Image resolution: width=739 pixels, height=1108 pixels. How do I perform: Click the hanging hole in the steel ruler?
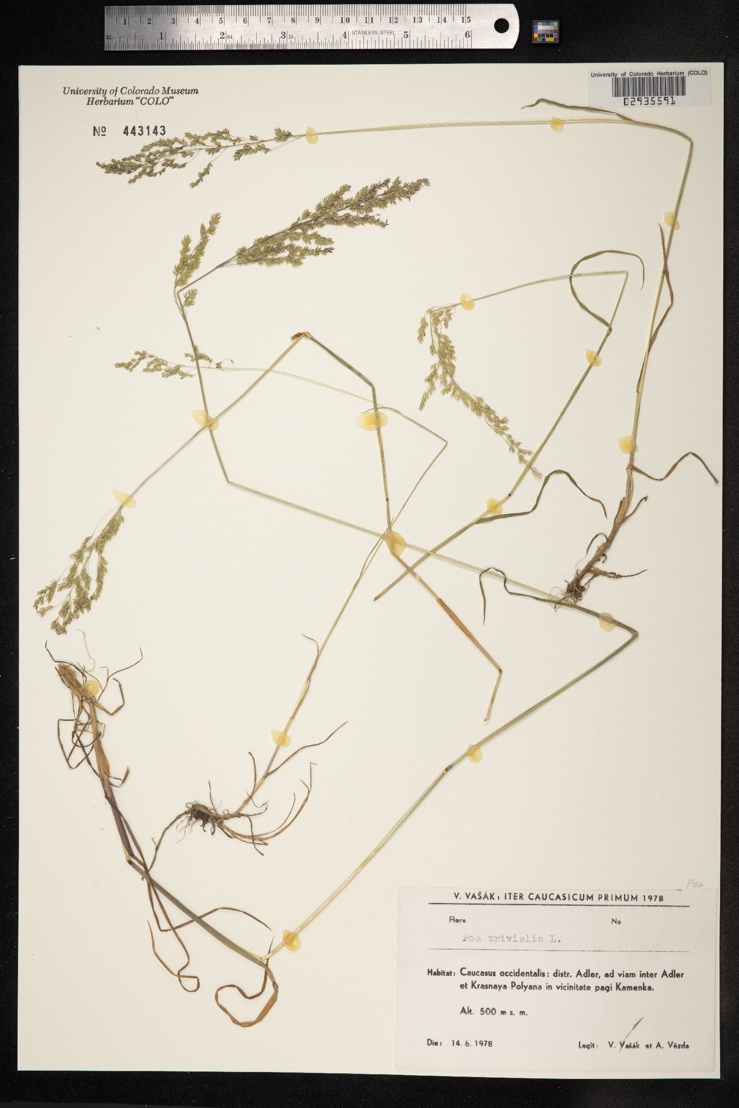point(502,26)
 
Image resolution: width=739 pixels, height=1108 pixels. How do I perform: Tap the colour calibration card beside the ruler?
point(545,31)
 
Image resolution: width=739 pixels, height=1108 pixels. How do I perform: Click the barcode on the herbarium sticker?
point(649,87)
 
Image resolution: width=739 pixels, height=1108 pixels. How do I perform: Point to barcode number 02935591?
point(649,101)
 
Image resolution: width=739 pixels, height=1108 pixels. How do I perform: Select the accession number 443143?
point(144,131)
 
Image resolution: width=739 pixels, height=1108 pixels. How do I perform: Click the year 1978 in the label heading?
point(652,898)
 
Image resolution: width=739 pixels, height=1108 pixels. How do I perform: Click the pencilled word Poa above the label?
point(695,884)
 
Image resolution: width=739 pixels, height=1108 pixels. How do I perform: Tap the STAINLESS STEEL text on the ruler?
point(373,32)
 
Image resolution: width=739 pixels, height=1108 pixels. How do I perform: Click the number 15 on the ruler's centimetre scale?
point(466,20)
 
